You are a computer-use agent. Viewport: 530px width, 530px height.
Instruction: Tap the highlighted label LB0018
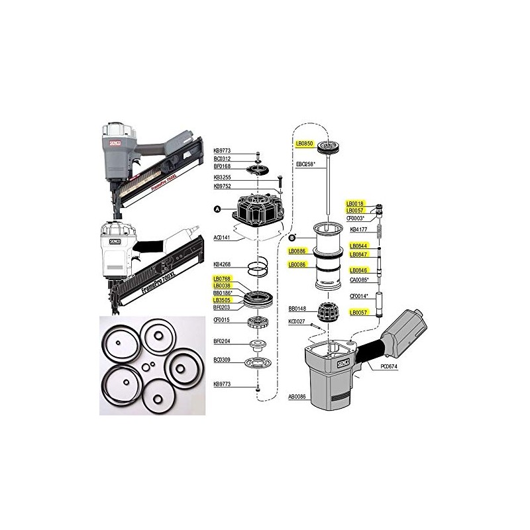pos(356,203)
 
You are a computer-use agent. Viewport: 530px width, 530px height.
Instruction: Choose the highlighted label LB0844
pos(358,246)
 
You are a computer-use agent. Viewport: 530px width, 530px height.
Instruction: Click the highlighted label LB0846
pos(358,270)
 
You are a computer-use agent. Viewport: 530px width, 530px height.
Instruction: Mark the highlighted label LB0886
pos(297,252)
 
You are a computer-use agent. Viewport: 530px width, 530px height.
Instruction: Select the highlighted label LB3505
pos(222,299)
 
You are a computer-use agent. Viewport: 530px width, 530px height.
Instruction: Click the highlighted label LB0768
pos(222,279)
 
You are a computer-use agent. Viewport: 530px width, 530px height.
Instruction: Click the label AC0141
pos(222,237)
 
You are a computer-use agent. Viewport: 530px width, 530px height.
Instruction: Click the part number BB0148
pos(297,309)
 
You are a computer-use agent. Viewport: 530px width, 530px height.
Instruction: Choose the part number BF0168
pos(222,168)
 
